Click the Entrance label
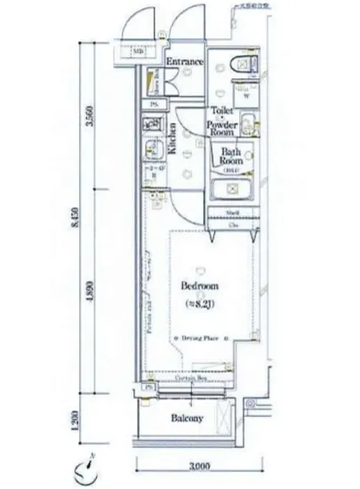click(185, 63)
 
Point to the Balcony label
click(187, 418)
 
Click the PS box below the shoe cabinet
click(153, 105)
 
